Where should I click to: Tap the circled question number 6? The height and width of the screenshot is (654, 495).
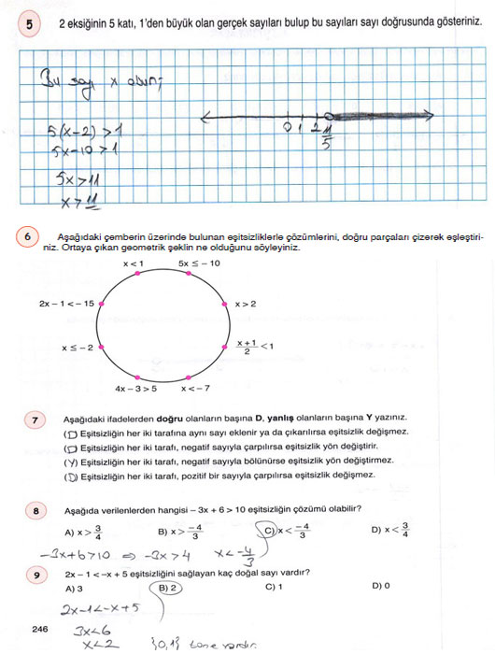tap(31, 237)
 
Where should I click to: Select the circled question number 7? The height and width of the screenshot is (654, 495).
tap(35, 421)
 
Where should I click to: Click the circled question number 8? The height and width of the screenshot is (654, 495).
tap(35, 510)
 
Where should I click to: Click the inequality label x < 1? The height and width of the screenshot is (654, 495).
tap(134, 265)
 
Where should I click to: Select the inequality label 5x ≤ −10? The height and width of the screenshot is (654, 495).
tap(199, 265)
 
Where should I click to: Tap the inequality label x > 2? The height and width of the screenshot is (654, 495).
tap(246, 305)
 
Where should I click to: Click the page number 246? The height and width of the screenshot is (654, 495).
tap(39, 628)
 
